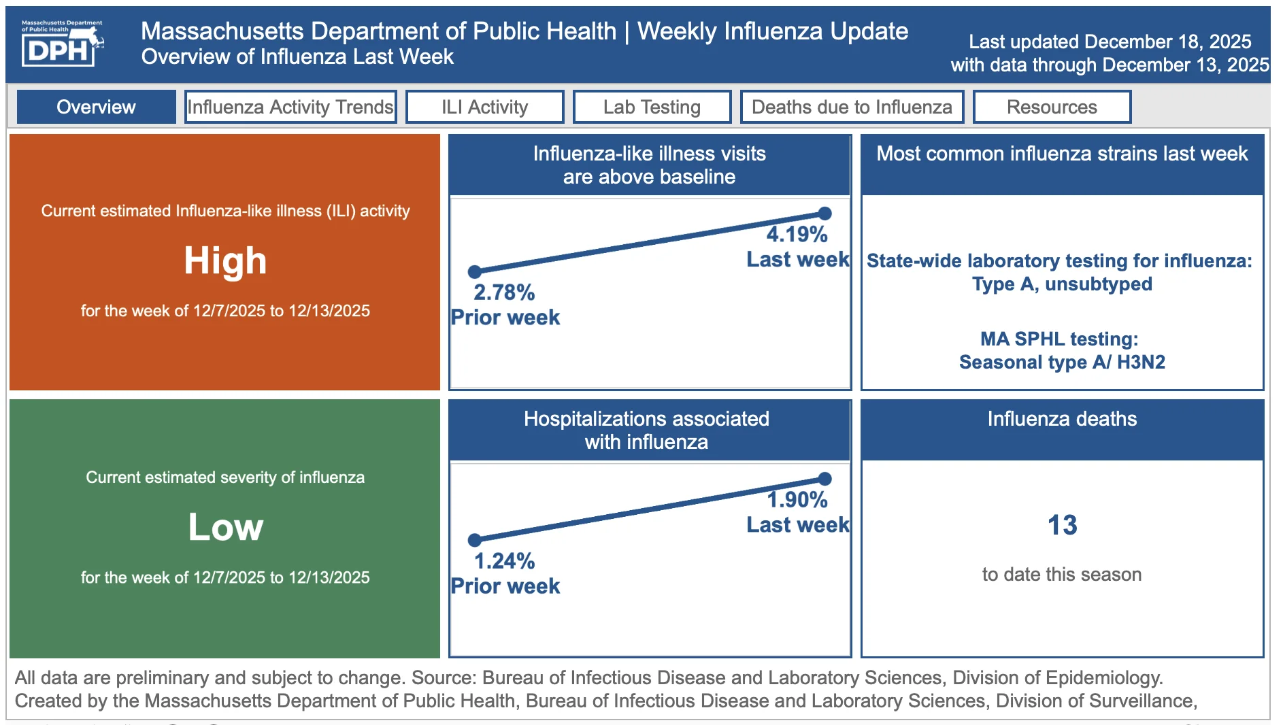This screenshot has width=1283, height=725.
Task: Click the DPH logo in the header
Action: (x=62, y=43)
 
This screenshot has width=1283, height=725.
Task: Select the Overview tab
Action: (x=96, y=107)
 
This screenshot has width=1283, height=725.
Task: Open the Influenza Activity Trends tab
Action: (x=290, y=107)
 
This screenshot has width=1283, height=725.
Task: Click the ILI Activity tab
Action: (x=484, y=107)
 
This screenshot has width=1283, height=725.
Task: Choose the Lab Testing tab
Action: (x=652, y=107)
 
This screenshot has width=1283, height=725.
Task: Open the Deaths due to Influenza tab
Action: (x=852, y=107)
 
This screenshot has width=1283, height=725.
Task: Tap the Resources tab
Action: (x=1052, y=107)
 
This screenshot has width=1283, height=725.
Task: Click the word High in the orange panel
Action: (x=225, y=260)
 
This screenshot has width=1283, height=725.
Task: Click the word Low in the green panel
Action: (x=225, y=527)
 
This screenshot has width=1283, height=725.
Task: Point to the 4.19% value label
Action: (x=797, y=235)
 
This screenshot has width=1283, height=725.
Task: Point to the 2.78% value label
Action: (x=504, y=292)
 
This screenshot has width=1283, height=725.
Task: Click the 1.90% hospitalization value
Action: (x=797, y=500)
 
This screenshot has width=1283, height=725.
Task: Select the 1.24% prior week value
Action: (x=504, y=561)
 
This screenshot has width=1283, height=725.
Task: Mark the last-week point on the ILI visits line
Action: (x=824, y=214)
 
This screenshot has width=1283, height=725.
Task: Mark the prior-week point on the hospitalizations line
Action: (x=475, y=540)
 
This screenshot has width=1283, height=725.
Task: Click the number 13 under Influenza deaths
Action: (x=1062, y=525)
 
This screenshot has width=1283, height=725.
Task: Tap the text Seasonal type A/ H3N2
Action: (x=1062, y=362)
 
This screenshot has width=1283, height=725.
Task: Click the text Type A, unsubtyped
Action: (x=1062, y=284)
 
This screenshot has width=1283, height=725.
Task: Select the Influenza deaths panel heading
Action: (x=1062, y=419)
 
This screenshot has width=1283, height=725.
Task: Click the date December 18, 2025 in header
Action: (x=1168, y=41)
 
